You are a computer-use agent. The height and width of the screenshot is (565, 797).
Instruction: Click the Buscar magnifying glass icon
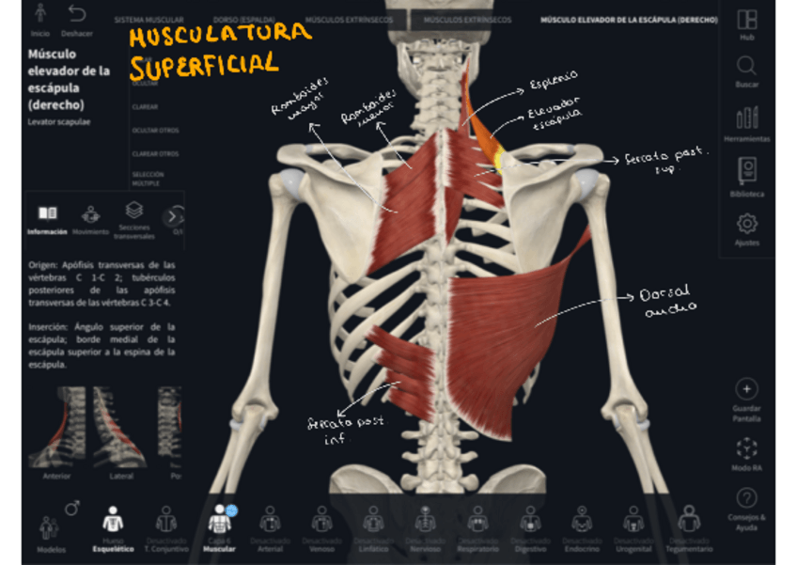[746, 66]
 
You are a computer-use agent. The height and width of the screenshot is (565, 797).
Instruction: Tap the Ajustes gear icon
[746, 224]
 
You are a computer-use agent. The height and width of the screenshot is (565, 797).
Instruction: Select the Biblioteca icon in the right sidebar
[746, 170]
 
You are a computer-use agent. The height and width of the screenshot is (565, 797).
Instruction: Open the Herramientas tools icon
[746, 118]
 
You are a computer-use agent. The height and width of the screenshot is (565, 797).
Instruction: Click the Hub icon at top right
[746, 20]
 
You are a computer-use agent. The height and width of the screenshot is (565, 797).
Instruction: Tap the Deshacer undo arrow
[77, 14]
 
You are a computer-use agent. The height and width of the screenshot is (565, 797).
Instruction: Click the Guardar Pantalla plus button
[746, 389]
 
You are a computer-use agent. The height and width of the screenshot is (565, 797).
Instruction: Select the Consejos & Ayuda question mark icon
[746, 497]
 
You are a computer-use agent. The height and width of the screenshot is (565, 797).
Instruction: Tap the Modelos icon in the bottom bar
[50, 528]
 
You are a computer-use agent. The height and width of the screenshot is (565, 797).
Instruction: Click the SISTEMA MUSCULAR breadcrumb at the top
[148, 19]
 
